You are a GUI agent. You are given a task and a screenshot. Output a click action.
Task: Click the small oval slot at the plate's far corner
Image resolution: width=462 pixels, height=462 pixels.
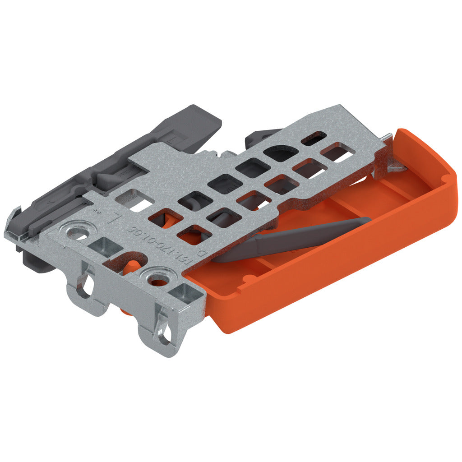click(x=314, y=138)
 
